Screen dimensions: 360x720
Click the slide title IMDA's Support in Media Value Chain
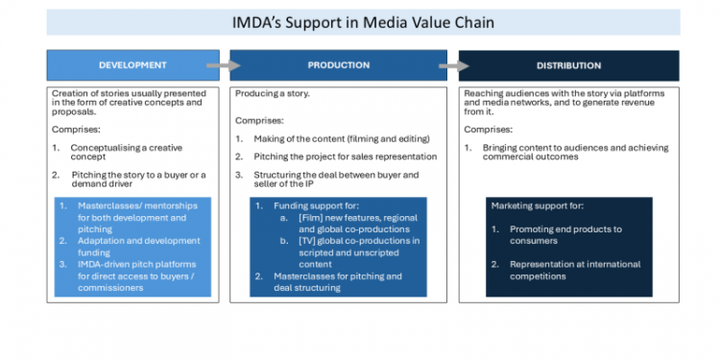coord(364,21)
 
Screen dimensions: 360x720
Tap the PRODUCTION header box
coord(338,65)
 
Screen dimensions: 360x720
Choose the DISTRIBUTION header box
coord(569,65)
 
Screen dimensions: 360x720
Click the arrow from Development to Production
coord(219,66)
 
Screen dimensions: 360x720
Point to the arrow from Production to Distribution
coord(447,66)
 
